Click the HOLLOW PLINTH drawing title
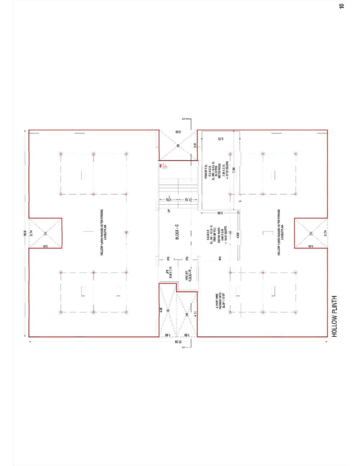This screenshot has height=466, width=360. click(334, 317)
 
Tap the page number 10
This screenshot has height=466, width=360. click(342, 6)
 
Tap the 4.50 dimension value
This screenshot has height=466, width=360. click(238, 235)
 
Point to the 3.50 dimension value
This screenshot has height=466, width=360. click(178, 132)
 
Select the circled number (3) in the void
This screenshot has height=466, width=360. click(167, 311)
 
